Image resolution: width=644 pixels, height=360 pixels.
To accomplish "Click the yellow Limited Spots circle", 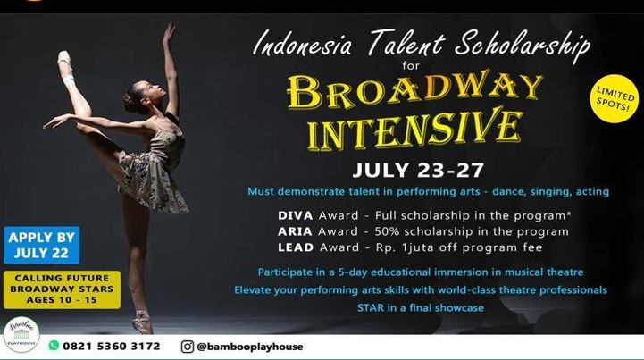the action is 615,98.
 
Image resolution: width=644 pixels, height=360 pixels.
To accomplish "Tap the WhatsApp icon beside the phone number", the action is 54,345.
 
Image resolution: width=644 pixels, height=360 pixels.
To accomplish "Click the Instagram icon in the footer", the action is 188,347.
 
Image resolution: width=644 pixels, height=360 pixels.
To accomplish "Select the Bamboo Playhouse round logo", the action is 21,334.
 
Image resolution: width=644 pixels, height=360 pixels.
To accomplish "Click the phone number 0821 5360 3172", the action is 112,346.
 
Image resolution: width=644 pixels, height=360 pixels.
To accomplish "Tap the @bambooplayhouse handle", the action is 250,347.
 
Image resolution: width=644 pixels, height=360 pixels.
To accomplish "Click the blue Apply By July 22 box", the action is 41,245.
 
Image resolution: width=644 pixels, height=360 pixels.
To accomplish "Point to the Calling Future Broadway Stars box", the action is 62,289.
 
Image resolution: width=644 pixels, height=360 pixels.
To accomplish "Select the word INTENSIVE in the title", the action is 414,130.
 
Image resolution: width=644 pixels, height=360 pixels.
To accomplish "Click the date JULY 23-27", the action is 418,170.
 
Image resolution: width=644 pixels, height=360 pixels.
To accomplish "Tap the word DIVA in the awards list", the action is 296,215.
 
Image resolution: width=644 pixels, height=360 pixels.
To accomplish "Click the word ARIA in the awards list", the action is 295,231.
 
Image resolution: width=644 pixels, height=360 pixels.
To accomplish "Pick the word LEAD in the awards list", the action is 296,247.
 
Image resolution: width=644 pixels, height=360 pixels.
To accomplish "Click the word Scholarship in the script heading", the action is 522,44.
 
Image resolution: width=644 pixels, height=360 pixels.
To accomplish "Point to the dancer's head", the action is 139,96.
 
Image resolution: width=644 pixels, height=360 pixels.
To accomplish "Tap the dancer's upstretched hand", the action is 169,31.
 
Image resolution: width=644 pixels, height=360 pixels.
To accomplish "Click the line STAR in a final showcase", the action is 421,308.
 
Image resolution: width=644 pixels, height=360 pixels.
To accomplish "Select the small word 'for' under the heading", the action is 411,65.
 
